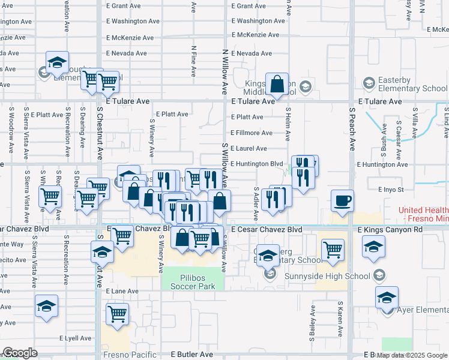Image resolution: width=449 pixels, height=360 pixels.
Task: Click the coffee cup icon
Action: pos(343,201)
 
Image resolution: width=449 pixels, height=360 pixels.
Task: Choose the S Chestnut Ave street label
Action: pos(100,137)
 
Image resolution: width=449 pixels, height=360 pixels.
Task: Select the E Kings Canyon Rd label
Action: pos(390,230)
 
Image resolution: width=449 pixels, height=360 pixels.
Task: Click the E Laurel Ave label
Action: pos(249,148)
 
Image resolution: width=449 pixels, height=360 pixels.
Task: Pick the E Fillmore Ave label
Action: pos(251,133)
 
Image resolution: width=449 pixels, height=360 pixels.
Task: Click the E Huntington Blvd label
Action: pos(256,164)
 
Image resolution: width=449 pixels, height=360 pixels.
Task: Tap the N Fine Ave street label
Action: pos(193,61)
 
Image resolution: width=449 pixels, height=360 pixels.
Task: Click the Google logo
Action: pos(20,353)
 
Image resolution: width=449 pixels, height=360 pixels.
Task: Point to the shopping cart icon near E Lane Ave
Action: pos(117,313)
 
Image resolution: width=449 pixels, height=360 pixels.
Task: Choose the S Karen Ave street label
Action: pos(340,319)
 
